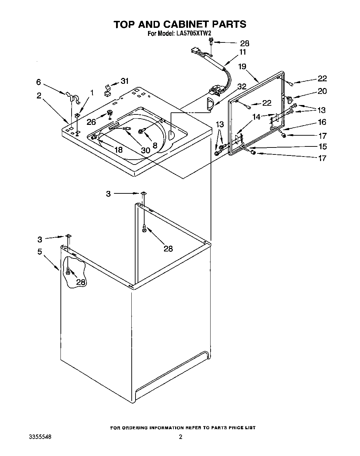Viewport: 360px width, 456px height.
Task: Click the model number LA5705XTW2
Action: (195, 34)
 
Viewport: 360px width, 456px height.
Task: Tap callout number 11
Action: (242, 52)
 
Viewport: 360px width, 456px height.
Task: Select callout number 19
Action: (242, 66)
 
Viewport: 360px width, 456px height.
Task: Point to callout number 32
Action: (242, 87)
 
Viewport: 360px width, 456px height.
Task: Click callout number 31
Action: (124, 81)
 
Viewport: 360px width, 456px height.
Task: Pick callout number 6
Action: (39, 82)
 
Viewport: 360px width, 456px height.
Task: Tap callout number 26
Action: (91, 122)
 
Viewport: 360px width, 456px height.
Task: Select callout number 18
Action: (118, 150)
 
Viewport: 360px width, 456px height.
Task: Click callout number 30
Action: (145, 150)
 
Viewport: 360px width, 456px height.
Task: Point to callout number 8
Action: (155, 145)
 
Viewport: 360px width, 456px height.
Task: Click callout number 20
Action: (322, 91)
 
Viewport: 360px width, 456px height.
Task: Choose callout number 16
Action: (322, 122)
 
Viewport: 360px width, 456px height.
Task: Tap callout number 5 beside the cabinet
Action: (40, 251)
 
